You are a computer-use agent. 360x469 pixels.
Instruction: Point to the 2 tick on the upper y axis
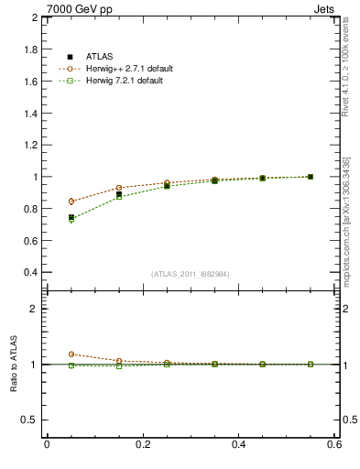[x=34, y=17]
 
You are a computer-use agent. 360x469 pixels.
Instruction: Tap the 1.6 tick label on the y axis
[x=30, y=82]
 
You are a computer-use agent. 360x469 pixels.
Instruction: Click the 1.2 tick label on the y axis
[x=30, y=145]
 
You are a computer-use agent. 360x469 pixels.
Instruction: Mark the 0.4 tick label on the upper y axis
[x=30, y=272]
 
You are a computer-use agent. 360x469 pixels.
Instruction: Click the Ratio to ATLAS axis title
[x=13, y=364]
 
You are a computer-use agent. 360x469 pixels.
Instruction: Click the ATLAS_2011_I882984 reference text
[x=191, y=274]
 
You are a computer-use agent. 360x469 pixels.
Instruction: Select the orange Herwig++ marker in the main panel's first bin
[x=71, y=202]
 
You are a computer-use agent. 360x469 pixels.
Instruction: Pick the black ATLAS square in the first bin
[x=71, y=218]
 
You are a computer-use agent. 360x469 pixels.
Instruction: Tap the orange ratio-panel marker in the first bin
[x=71, y=354]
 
